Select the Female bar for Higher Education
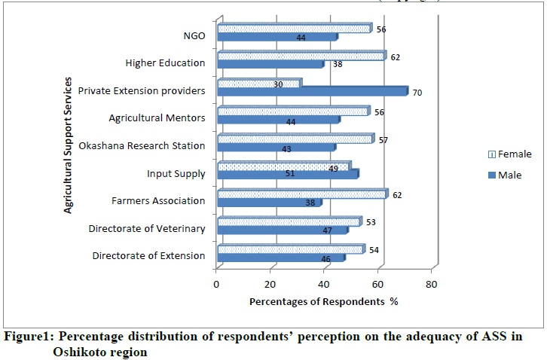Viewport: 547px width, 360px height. pos(301,56)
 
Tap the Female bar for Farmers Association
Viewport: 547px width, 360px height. pos(302,194)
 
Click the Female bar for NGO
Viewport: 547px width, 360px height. pos(294,29)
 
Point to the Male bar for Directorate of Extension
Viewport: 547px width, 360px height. pos(280,258)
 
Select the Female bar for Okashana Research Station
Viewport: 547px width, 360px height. pos(295,139)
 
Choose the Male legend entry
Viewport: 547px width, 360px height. pos(509,175)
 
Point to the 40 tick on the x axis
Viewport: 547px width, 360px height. pos(324,284)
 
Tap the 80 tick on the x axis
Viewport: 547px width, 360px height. pos(431,284)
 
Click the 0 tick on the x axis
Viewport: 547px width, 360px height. pos(217,284)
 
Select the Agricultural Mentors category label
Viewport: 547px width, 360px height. pos(157,118)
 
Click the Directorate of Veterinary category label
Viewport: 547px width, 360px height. pos(146,228)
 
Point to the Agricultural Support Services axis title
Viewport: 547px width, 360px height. pos(68,144)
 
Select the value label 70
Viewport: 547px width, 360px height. pos(417,93)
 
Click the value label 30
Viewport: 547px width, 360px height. pos(278,84)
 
